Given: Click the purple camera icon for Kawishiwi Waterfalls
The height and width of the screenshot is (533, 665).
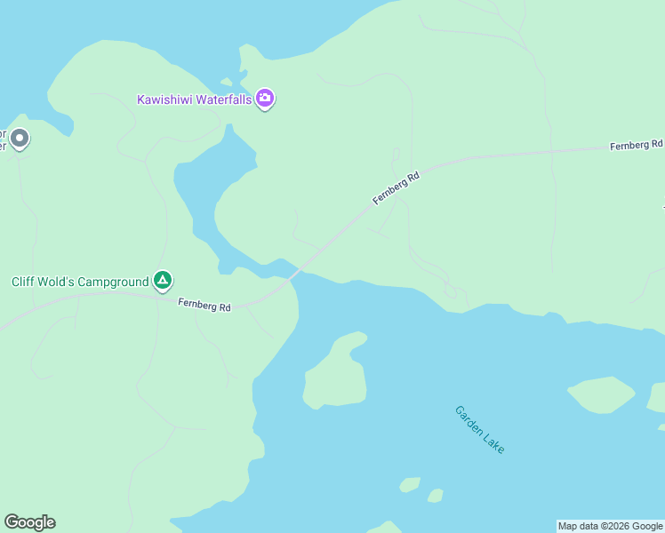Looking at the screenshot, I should [x=264, y=99].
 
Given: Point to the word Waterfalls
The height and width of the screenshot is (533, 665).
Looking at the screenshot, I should [x=223, y=99].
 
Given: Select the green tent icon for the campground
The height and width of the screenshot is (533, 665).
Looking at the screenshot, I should [x=163, y=282].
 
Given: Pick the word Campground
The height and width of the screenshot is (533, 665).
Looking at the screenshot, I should [x=113, y=282].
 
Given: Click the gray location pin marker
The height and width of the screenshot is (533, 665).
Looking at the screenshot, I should [x=19, y=139].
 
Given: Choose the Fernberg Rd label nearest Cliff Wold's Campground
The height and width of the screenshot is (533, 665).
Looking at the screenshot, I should [x=204, y=306].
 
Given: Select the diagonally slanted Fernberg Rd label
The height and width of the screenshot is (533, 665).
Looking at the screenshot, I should [x=396, y=188].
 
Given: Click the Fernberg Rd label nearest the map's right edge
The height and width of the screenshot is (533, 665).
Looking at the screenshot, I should [x=637, y=145].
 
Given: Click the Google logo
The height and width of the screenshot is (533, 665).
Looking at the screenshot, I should [x=29, y=522].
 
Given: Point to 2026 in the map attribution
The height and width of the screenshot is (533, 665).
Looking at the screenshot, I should [x=617, y=526].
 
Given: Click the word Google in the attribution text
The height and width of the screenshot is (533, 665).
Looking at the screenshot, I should [x=647, y=526].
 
